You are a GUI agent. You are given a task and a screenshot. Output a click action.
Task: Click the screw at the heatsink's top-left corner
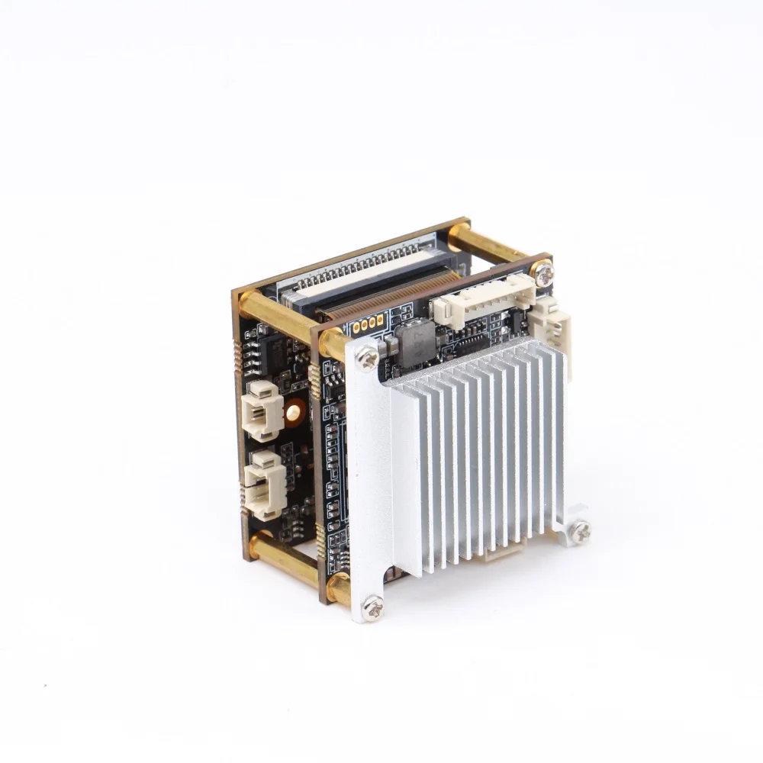tap(367, 356)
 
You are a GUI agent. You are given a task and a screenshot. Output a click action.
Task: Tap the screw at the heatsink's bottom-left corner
tap(372, 607)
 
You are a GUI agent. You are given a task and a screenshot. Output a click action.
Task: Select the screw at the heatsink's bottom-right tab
tap(580, 531)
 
